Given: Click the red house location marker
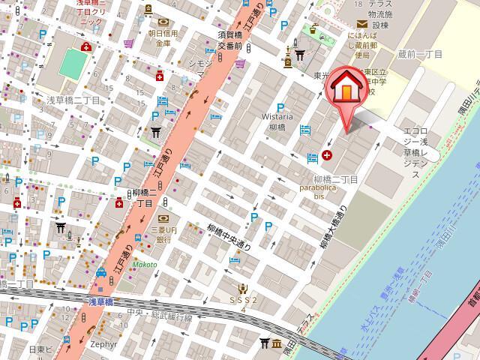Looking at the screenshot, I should (x=346, y=87).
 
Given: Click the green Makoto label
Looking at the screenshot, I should (x=145, y=265).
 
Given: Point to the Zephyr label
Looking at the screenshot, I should (x=104, y=344).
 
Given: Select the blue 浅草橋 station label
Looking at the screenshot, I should (x=100, y=301).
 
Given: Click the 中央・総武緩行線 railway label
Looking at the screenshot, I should (x=160, y=315).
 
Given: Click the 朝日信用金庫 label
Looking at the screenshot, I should (x=163, y=38).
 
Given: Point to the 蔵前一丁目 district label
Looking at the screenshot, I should (x=421, y=54).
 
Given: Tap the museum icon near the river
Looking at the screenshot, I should (x=277, y=343).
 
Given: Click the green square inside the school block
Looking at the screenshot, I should (x=73, y=64).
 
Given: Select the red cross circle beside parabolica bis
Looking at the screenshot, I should (x=327, y=156).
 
